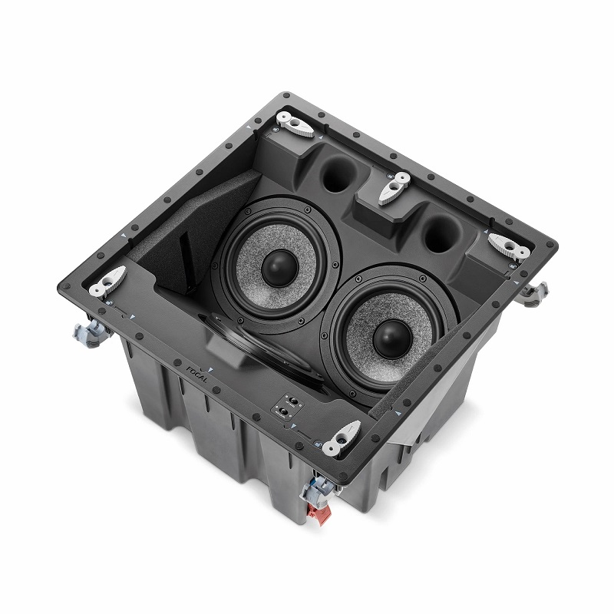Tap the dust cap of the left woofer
279,266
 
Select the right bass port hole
440,234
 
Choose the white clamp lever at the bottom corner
340,437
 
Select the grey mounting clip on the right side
534,292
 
